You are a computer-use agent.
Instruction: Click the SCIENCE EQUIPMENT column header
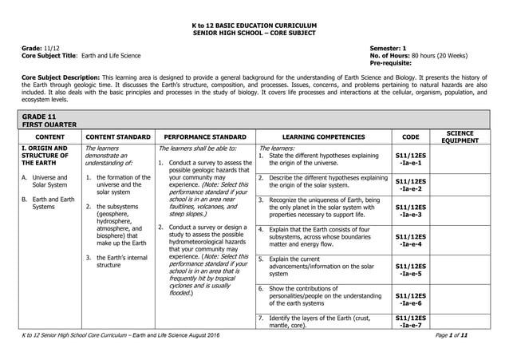(x=460, y=136)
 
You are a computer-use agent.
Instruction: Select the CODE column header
(x=409, y=136)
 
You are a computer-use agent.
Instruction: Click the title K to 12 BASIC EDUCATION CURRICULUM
(x=254, y=26)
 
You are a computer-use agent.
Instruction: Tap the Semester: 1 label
(x=388, y=49)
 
